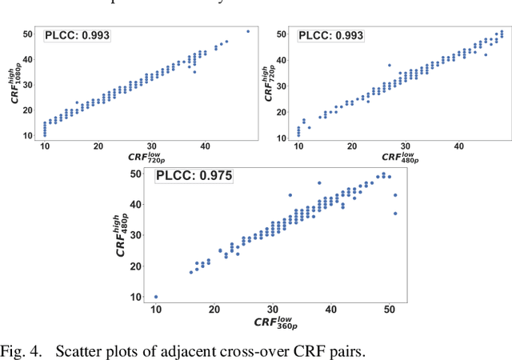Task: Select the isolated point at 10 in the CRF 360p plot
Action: (x=156, y=297)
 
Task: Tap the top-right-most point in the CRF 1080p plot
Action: (x=248, y=31)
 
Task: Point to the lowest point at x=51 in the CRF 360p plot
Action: (x=395, y=214)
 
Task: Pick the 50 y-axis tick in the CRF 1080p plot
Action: (x=27, y=34)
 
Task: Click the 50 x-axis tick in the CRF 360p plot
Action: (x=389, y=309)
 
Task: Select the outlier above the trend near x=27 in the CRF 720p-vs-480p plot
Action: (x=390, y=66)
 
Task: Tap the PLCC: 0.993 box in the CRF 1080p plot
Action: (x=77, y=35)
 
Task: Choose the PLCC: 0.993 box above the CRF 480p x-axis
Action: (x=331, y=35)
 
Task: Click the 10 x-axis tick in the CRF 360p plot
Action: (x=156, y=309)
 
